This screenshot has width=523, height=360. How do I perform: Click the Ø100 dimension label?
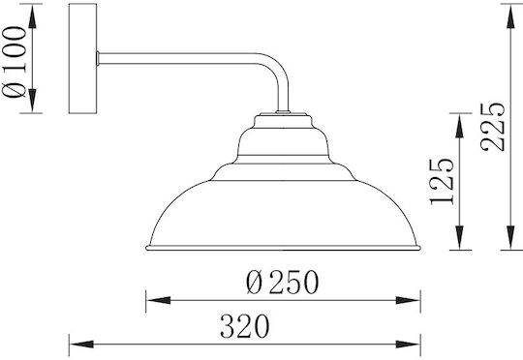pos(14,62)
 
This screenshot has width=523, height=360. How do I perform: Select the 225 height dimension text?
pos(493,127)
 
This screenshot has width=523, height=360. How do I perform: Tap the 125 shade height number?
pos(442,181)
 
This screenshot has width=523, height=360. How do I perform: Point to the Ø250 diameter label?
pos(283,282)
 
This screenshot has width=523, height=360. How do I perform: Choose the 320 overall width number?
pos(244,326)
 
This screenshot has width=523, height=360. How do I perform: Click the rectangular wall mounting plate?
pos(82,58)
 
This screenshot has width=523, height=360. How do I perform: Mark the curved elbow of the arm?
pos(275,68)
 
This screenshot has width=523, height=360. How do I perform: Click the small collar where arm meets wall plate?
pos(98,58)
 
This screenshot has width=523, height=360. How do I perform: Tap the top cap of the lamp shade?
pos(284,121)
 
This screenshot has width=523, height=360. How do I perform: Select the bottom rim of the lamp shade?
pos(283,248)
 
